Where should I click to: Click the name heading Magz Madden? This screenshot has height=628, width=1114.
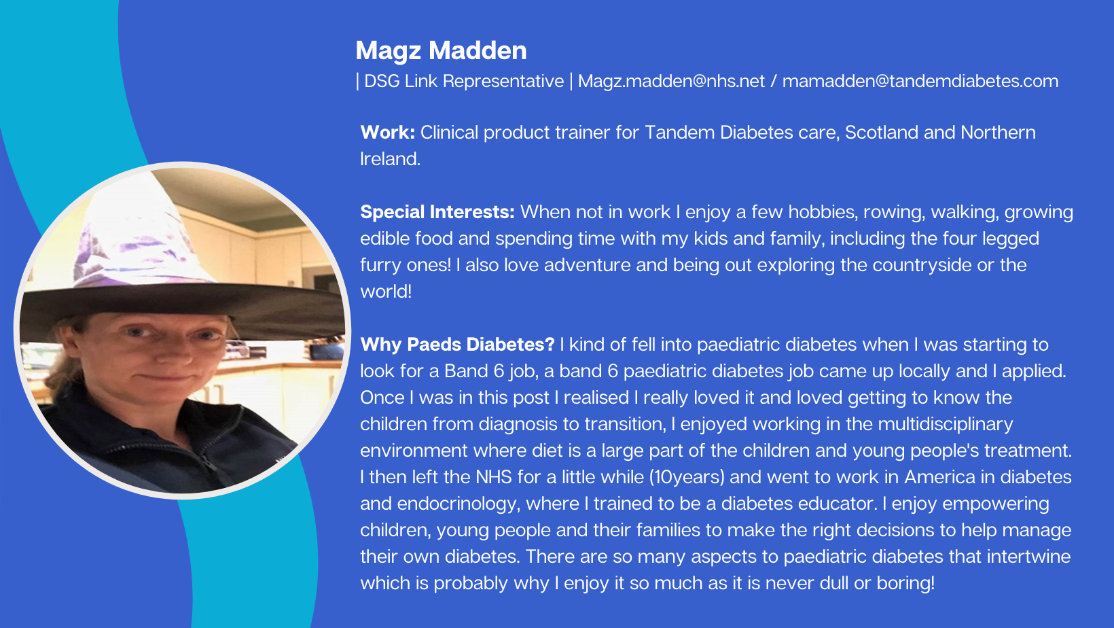441,51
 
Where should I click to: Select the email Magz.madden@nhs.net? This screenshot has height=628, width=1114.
671,81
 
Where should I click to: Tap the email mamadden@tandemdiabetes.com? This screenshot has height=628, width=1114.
920,81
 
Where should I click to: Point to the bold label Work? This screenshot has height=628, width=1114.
387,133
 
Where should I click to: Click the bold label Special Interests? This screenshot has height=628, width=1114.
437,213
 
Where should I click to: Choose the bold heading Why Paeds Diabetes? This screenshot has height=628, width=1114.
457,345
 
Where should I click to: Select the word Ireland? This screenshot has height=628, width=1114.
390,159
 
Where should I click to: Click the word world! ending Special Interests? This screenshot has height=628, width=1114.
386,292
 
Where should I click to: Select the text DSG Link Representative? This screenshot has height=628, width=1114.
463,81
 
